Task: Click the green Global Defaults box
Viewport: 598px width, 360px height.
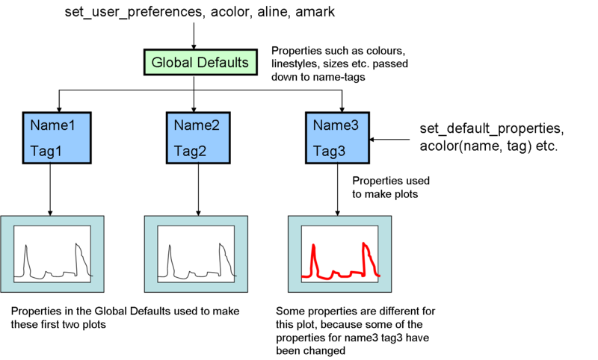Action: [x=200, y=62]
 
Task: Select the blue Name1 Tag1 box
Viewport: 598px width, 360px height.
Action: [x=57, y=138]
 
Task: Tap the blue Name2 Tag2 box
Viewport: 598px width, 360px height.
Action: [x=198, y=138]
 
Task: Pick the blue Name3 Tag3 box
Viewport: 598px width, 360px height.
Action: [x=338, y=138]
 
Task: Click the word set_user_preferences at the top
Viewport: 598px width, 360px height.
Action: [x=134, y=12]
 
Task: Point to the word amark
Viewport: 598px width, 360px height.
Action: [x=315, y=12]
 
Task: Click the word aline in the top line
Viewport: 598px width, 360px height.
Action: [x=272, y=12]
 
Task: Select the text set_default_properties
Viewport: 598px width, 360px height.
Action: [x=492, y=128]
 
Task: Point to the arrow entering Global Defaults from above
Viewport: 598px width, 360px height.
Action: [x=194, y=36]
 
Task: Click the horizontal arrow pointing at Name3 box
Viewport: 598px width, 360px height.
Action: [x=389, y=140]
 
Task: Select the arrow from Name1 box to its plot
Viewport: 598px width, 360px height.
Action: [x=50, y=190]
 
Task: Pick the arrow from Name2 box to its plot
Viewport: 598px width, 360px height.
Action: [x=198, y=190]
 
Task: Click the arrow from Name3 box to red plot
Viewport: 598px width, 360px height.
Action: [x=337, y=190]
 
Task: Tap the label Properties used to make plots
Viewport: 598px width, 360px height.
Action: [x=390, y=187]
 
